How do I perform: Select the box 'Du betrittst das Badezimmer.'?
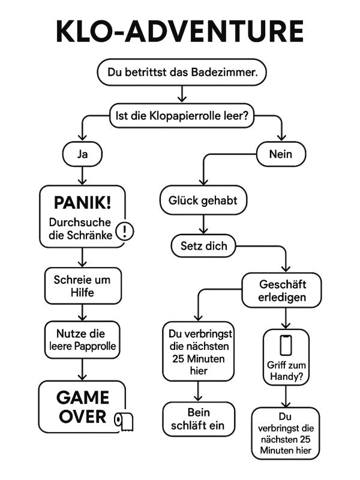[181, 73]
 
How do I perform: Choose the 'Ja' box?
[82, 154]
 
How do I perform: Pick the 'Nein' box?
[281, 154]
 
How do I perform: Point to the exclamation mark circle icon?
[124, 230]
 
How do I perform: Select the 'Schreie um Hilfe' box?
[82, 286]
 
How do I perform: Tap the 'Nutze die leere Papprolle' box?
[82, 339]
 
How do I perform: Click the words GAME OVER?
[83, 406]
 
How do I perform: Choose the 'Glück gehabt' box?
[203, 200]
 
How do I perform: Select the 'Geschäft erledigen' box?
[282, 290]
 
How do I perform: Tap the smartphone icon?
[286, 346]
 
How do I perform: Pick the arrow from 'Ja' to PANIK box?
[82, 175]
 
